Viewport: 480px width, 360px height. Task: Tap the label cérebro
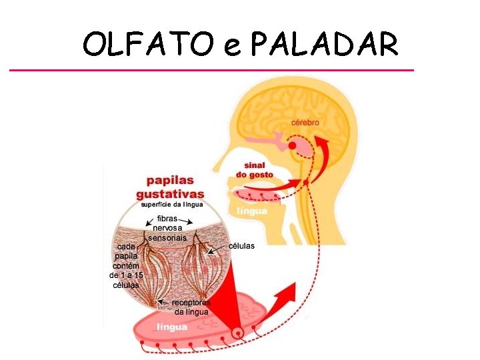pyautogui.click(x=305, y=123)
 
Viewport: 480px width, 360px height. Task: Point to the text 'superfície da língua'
pyautogui.click(x=172, y=204)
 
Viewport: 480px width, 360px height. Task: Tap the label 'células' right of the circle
pyautogui.click(x=241, y=245)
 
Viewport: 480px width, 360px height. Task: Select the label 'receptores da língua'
pyautogui.click(x=191, y=307)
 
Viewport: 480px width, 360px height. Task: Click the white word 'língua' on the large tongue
pyautogui.click(x=172, y=327)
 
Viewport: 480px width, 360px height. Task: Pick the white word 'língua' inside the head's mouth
pyautogui.click(x=252, y=211)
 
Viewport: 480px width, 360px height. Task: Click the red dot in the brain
pyautogui.click(x=292, y=146)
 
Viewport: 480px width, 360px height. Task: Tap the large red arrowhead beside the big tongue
pyautogui.click(x=286, y=293)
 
